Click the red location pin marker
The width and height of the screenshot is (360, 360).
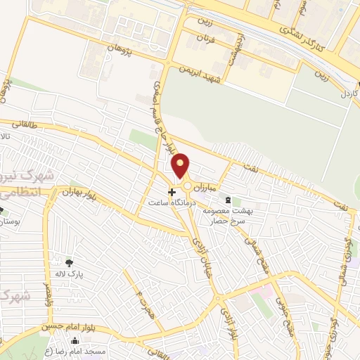[x=181, y=166]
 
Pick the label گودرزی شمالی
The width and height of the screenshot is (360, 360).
[x=346, y=254]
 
